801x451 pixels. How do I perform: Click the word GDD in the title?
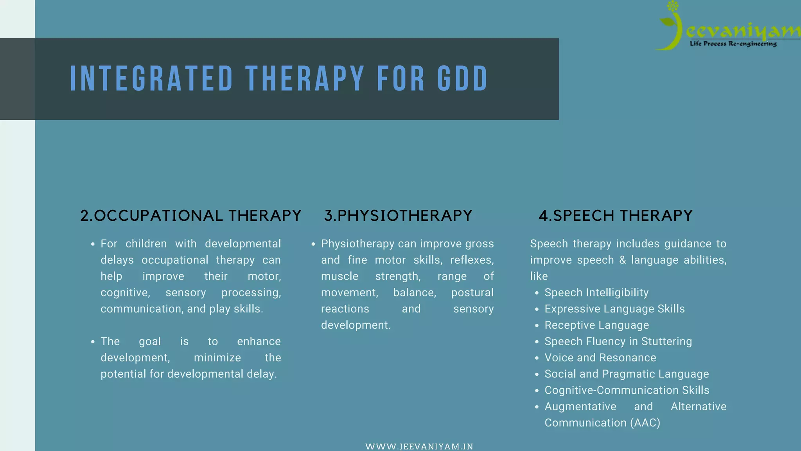click(463, 79)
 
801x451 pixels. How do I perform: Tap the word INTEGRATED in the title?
click(152, 79)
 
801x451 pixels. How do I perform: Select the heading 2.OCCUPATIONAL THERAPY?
click(191, 216)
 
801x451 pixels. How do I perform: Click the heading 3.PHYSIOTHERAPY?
click(398, 216)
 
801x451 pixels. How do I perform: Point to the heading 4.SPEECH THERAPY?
click(616, 216)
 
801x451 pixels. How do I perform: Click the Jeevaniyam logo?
click(727, 27)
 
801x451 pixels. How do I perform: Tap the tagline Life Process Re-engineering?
click(733, 44)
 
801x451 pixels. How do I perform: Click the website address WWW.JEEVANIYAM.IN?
click(419, 446)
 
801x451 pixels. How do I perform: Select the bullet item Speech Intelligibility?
click(596, 292)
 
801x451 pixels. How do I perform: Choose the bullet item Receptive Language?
click(596, 325)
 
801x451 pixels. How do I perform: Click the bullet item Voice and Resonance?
click(600, 357)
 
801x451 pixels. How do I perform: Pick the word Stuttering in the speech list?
click(666, 341)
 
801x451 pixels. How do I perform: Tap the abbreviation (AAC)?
click(645, 423)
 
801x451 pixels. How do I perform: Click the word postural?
click(472, 293)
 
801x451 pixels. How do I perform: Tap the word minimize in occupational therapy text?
click(217, 358)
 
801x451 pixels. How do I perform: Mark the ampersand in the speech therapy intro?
click(623, 260)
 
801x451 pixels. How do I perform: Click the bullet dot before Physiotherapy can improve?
click(313, 244)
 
